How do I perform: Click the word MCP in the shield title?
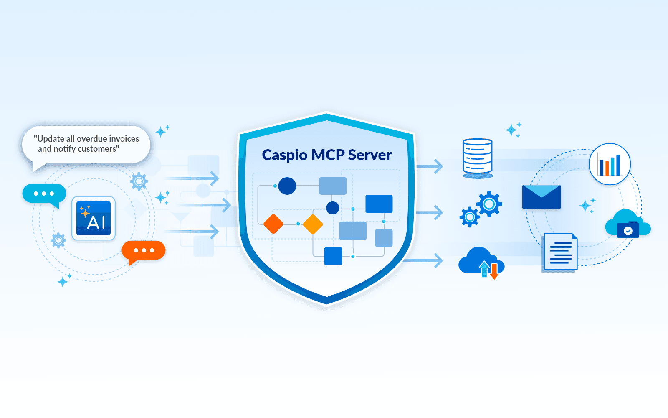click(x=328, y=155)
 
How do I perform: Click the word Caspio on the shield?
click(x=285, y=155)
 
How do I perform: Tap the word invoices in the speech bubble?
click(x=124, y=139)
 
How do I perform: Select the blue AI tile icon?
click(x=94, y=218)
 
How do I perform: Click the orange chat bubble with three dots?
click(x=143, y=250)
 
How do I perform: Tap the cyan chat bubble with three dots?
click(x=44, y=194)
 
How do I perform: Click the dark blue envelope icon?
click(x=541, y=197)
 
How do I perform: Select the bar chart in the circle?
click(x=610, y=164)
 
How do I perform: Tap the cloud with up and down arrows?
click(x=481, y=262)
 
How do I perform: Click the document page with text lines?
click(x=560, y=252)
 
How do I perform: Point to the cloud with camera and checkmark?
click(x=627, y=224)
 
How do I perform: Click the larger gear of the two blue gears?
click(x=489, y=204)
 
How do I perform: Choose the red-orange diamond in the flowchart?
click(x=273, y=224)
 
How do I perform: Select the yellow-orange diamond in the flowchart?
click(x=313, y=224)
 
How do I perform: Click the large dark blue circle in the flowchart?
click(x=287, y=186)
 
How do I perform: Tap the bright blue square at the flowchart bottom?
click(x=333, y=256)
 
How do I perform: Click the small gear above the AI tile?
click(x=139, y=181)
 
